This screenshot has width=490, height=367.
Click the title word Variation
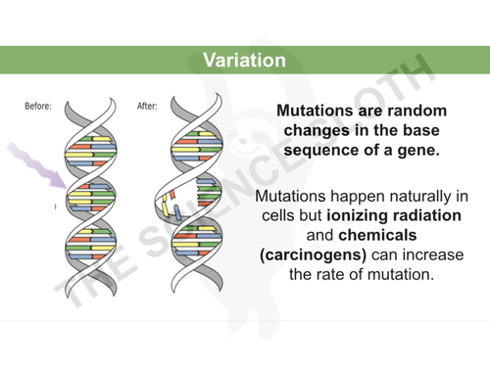click(244, 60)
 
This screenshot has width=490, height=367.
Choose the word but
click(320, 215)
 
